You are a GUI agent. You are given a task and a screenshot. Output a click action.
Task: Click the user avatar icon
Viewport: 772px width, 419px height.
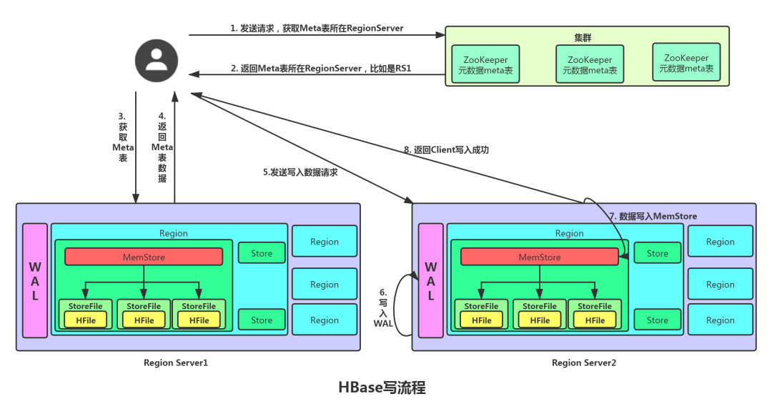pyautogui.click(x=156, y=57)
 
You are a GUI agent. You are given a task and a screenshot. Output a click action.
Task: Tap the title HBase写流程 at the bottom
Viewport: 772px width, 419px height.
pyautogui.click(x=382, y=388)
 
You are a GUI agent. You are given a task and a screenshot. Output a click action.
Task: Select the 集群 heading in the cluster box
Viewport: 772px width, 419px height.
pyautogui.click(x=583, y=37)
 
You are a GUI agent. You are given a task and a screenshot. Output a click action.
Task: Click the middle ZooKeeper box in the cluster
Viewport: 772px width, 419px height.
pyautogui.click(x=589, y=65)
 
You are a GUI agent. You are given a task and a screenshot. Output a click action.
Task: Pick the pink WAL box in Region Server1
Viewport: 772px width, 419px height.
pyautogui.click(x=34, y=280)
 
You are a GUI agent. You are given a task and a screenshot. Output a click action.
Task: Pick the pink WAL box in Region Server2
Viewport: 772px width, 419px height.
pyautogui.click(x=430, y=280)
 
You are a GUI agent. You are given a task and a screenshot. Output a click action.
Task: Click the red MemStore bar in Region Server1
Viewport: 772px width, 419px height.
pyautogui.click(x=144, y=257)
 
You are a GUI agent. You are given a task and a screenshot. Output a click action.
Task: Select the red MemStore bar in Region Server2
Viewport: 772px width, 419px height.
pyautogui.click(x=540, y=257)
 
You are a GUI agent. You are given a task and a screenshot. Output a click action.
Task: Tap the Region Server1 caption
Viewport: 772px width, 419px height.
pyautogui.click(x=175, y=363)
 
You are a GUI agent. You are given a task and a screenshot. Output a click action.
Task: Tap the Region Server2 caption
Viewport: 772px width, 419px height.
pyautogui.click(x=584, y=363)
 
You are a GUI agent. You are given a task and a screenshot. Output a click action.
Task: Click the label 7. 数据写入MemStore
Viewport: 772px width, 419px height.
pyautogui.click(x=653, y=216)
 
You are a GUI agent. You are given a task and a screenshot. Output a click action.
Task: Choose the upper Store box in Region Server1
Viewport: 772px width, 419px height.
pyautogui.click(x=262, y=252)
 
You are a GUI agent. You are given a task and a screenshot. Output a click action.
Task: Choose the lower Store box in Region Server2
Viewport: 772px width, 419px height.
pyautogui.click(x=658, y=320)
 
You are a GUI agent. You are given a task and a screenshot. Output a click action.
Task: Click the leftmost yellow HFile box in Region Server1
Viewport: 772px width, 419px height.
pyautogui.click(x=85, y=320)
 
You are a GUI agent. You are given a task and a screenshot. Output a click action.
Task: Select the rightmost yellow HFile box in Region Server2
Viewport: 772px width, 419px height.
pyautogui.click(x=595, y=320)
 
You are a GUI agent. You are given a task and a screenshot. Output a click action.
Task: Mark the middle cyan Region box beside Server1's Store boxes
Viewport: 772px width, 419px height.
pyautogui.click(x=325, y=284)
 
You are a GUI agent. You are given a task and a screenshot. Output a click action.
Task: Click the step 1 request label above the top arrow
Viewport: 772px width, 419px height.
pyautogui.click(x=317, y=29)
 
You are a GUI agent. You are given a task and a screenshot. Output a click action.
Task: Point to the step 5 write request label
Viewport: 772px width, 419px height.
pyautogui.click(x=300, y=172)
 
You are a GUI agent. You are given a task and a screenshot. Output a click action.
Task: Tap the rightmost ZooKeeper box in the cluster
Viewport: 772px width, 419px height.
pyautogui.click(x=686, y=63)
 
